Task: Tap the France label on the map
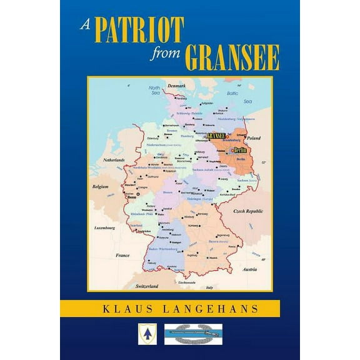122,255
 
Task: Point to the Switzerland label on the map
146,285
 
